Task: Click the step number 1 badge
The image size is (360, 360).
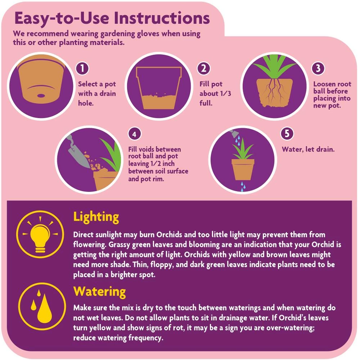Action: tap(82, 68)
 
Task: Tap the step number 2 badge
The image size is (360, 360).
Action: tap(204, 68)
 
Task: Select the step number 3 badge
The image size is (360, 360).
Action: tap(318, 68)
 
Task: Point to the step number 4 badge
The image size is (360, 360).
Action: tap(134, 134)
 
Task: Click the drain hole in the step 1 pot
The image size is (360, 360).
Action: tap(41, 96)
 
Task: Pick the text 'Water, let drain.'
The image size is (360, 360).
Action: tap(308, 149)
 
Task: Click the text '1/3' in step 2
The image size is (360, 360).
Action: tap(225, 94)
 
